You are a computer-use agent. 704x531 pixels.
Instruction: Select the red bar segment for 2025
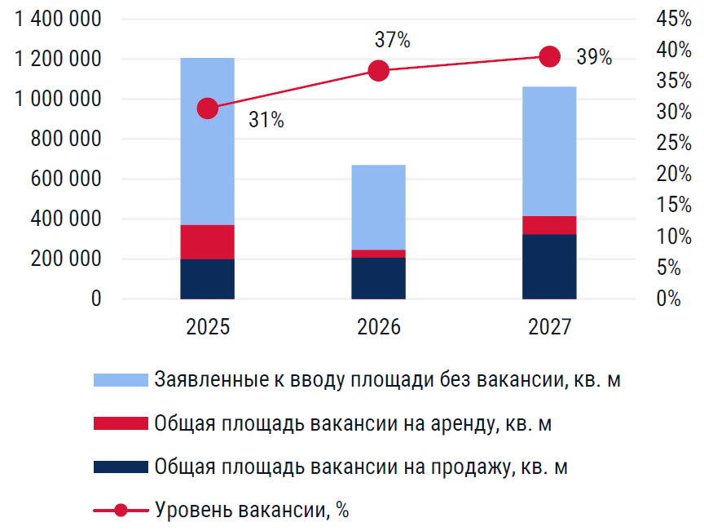207,242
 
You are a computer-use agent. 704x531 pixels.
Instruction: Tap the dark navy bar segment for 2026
378,278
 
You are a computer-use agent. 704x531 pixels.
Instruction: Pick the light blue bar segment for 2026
378,207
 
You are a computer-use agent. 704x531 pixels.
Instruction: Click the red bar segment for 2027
549,225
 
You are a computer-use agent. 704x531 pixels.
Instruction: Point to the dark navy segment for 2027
549,267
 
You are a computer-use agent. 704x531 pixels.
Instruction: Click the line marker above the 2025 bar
208,108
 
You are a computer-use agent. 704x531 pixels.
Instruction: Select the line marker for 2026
378,71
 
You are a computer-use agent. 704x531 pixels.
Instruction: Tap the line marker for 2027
550,56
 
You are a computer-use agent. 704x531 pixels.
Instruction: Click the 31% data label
266,121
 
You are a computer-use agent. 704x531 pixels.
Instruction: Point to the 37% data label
392,39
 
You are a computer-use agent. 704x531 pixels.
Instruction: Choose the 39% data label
594,57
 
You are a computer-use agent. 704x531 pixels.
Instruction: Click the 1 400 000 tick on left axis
58,20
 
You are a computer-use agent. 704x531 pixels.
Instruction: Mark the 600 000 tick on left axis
68,179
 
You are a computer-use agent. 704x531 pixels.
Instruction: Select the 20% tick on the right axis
673,175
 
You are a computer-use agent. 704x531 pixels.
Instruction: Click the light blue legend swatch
120,380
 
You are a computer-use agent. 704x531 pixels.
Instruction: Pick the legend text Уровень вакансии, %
252,511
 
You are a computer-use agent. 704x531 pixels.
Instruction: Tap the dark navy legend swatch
120,467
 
